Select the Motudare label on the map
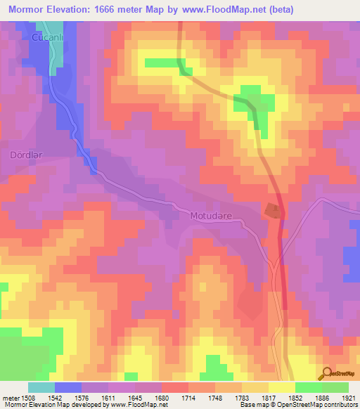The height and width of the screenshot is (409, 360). point(209,215)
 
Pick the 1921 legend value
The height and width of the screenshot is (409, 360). point(349,397)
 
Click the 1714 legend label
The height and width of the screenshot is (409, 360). point(188,397)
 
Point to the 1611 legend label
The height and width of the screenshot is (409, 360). point(108,397)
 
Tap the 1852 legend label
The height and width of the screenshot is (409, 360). point(295,397)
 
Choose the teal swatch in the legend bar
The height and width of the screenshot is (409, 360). point(41,387)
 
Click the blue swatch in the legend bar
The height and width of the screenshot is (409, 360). point(68,387)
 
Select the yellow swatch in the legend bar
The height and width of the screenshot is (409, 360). point(282,387)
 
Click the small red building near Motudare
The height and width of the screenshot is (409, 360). point(271,209)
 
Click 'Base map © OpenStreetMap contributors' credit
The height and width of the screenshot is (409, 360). point(299,405)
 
